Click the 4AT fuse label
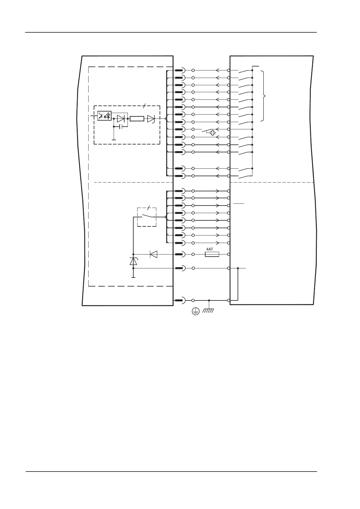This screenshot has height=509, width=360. pyautogui.click(x=209, y=249)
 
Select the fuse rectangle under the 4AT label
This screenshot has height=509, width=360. pyautogui.click(x=212, y=254)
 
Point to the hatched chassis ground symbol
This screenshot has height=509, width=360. pyautogui.click(x=209, y=310)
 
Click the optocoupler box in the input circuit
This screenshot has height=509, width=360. pyautogui.click(x=104, y=116)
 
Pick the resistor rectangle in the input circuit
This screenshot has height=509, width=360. pyautogui.click(x=137, y=119)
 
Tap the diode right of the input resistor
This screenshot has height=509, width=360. pyautogui.click(x=151, y=119)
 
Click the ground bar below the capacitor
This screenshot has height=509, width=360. pyautogui.click(x=114, y=140)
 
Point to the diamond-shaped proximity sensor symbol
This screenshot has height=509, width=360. pyautogui.click(x=213, y=133)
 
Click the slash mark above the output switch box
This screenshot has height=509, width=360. pyautogui.click(x=148, y=208)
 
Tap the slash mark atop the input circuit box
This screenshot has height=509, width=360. pyautogui.click(x=144, y=106)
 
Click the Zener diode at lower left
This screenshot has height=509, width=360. pyautogui.click(x=133, y=261)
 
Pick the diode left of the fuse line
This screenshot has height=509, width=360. pyautogui.click(x=154, y=254)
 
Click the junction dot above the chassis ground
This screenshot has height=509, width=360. pyautogui.click(x=209, y=300)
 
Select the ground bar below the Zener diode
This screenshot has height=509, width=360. pyautogui.click(x=133, y=277)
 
